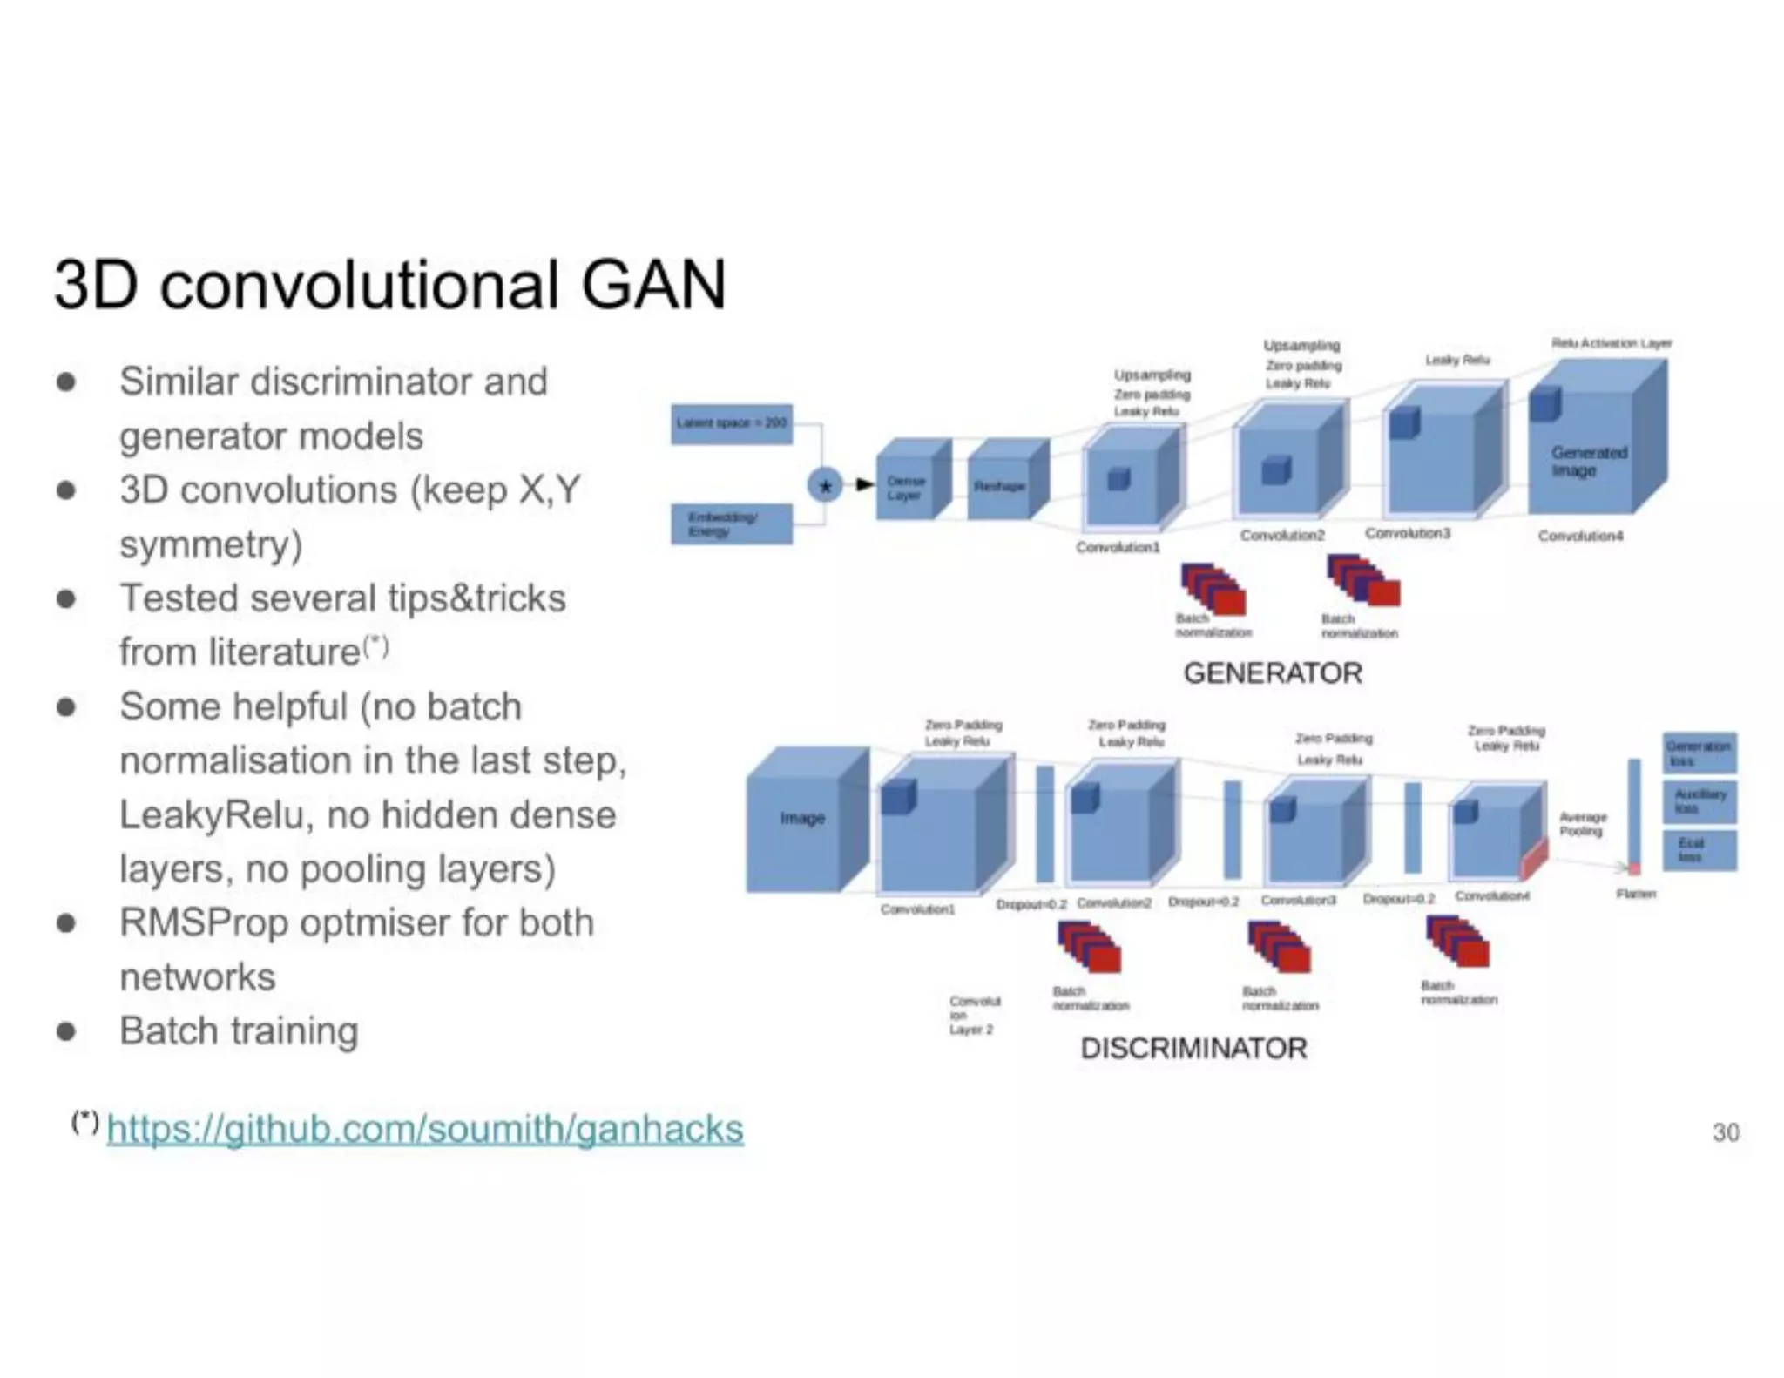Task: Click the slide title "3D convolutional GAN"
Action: click(389, 285)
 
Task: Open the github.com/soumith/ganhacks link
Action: click(425, 1129)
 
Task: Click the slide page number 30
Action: click(1725, 1131)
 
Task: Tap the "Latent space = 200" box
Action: click(732, 423)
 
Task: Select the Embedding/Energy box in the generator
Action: click(731, 524)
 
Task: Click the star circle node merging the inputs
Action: click(824, 485)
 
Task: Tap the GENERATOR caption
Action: click(1273, 673)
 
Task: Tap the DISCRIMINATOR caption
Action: click(1193, 1048)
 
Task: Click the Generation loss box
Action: click(1699, 753)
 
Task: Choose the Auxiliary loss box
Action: click(1699, 801)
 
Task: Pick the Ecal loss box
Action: click(1699, 850)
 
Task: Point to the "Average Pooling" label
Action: click(1582, 824)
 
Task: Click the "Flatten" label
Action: click(1635, 894)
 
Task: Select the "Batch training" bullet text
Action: click(239, 1030)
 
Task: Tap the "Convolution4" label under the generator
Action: click(1580, 536)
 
